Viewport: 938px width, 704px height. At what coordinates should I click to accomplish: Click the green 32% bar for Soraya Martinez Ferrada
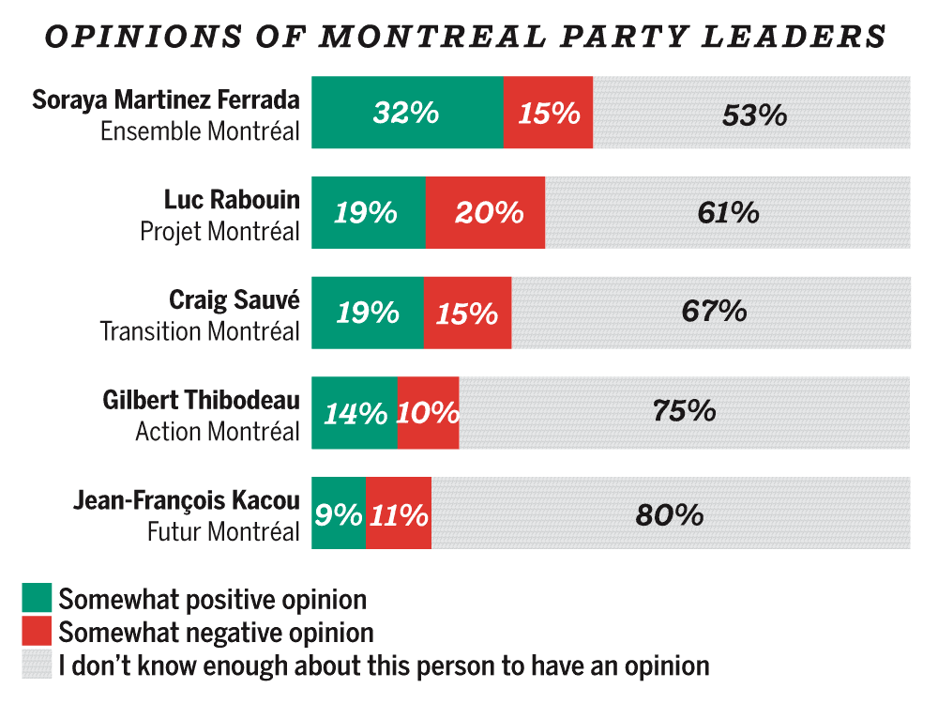pos(407,113)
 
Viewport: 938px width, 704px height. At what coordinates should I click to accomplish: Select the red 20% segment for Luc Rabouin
pos(485,213)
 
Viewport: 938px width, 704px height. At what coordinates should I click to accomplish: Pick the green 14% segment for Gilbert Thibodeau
pos(354,413)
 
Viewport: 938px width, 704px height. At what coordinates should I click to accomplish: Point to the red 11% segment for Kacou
pos(399,513)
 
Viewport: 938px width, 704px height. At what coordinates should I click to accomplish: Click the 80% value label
pos(669,514)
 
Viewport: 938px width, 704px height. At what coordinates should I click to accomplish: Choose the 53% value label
pos(753,114)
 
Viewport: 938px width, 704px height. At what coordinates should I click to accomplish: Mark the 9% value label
pos(338,514)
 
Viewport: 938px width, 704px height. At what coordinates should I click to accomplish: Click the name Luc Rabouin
pos(232,199)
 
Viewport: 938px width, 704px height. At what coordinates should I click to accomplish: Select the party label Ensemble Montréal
pos(200,131)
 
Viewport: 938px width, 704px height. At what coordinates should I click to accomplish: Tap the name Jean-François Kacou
pos(187,499)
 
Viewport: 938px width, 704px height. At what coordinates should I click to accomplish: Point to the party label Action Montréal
pos(218,432)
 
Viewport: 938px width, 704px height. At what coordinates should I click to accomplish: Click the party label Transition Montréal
pos(200,331)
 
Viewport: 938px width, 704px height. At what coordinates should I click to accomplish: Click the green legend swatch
pos(37,598)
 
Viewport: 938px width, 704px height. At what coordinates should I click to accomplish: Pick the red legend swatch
pos(37,632)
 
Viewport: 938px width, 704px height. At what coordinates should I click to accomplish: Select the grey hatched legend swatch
pos(37,666)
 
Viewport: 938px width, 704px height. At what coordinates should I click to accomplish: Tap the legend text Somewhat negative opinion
pos(216,632)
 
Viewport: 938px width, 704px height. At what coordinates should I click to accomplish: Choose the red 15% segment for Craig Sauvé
pos(467,313)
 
